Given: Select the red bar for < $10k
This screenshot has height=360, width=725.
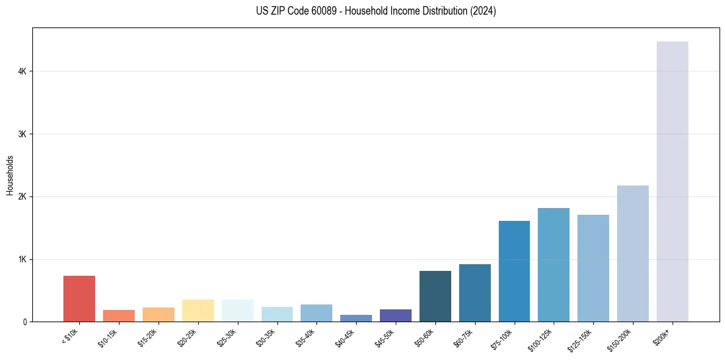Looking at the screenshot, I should [x=79, y=299].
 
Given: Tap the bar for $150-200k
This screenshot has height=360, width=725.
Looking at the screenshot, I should [x=632, y=253].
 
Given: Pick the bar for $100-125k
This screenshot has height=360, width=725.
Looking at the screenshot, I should [x=554, y=265].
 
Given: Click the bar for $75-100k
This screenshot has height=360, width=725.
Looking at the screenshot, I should [x=514, y=271].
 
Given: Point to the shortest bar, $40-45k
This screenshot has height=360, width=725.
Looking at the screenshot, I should [x=356, y=318].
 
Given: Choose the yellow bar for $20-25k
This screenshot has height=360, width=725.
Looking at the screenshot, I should [x=198, y=311].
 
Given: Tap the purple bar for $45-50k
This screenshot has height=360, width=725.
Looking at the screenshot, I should [x=396, y=315].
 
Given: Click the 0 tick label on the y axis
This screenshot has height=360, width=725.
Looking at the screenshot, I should [x=24, y=322].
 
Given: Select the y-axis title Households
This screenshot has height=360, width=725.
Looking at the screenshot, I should [x=10, y=175].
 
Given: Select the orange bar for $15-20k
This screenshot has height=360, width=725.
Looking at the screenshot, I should [x=159, y=314].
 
